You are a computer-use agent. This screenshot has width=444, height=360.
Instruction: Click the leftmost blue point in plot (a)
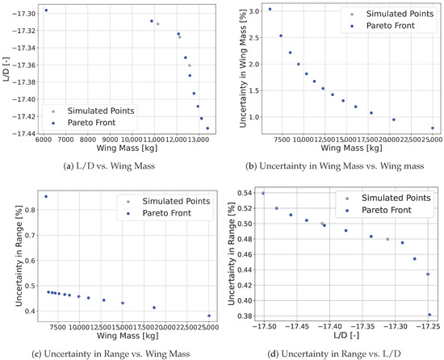coord(46,10)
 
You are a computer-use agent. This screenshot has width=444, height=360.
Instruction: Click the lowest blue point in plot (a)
coord(207,128)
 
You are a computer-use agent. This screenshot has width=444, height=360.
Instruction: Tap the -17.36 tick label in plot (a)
coord(24,65)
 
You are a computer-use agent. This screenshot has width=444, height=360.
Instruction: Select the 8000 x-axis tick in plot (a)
coord(87,140)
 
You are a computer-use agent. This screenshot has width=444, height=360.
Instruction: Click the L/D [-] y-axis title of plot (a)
coord(6,69)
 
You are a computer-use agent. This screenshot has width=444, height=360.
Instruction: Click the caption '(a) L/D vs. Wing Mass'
coord(109,165)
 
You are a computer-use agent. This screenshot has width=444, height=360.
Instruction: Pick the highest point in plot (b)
coord(270,9)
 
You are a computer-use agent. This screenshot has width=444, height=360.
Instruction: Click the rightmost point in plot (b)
coord(433,128)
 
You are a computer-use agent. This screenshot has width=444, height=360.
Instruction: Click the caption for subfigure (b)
coord(335,165)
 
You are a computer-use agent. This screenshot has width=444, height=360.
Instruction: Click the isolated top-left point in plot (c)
coord(46,196)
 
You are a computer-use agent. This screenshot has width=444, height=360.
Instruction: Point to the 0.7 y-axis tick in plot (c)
coord(30,235)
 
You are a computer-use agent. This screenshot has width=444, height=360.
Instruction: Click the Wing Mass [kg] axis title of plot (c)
coord(128,336)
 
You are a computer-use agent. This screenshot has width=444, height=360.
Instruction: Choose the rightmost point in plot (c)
coord(209,316)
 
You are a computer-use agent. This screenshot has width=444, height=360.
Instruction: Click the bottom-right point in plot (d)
coord(429,315)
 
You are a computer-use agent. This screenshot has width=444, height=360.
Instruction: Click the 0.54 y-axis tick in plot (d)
coord(245,193)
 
